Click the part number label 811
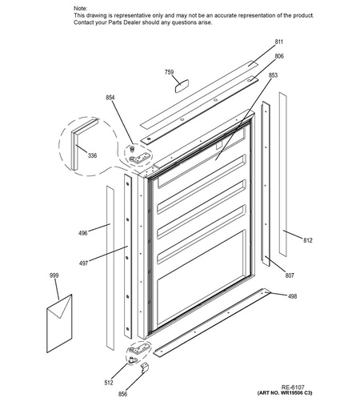pyautogui.click(x=279, y=42)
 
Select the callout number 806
pyautogui.click(x=279, y=56)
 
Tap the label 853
pyautogui.click(x=273, y=75)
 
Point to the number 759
pyautogui.click(x=169, y=72)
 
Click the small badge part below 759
pyautogui.click(x=182, y=86)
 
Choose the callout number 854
pyautogui.click(x=110, y=98)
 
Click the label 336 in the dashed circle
pyautogui.click(x=92, y=155)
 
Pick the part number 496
pyautogui.click(x=83, y=233)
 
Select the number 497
pyautogui.click(x=83, y=263)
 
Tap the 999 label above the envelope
pyautogui.click(x=54, y=275)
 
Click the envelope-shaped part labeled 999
pyautogui.click(x=59, y=324)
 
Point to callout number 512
pyautogui.click(x=109, y=383)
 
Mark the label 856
pyautogui.click(x=122, y=394)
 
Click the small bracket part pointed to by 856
pyautogui.click(x=145, y=368)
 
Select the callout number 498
pyautogui.click(x=292, y=296)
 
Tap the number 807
pyautogui.click(x=290, y=275)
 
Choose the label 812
pyautogui.click(x=307, y=240)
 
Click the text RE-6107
pyautogui.click(x=293, y=387)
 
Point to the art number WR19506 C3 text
pyautogui.click(x=285, y=393)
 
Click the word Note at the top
pyautogui.click(x=80, y=9)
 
